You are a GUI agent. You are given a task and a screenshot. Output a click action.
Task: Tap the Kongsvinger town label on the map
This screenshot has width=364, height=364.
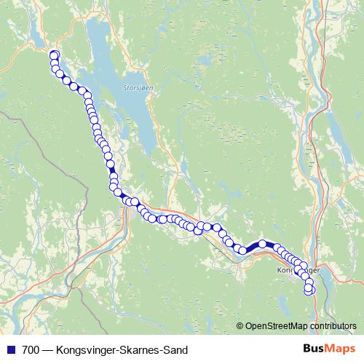click(298, 270)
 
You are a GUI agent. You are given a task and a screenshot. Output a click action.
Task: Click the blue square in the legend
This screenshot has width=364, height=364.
click(9, 350)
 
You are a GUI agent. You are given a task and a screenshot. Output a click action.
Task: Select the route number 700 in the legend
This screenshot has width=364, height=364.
click(31, 350)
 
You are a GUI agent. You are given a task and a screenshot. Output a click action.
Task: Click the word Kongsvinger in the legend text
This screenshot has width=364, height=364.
click(86, 350)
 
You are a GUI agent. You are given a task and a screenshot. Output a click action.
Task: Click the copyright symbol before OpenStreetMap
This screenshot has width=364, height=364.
click(240, 325)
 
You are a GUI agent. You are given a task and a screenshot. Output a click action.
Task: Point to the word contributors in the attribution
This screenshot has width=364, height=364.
click(333, 325)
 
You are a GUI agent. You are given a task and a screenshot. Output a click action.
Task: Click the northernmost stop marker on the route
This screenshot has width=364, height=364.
click(53, 55)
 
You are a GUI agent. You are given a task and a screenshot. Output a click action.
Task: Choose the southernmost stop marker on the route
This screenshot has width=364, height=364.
click(308, 290)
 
